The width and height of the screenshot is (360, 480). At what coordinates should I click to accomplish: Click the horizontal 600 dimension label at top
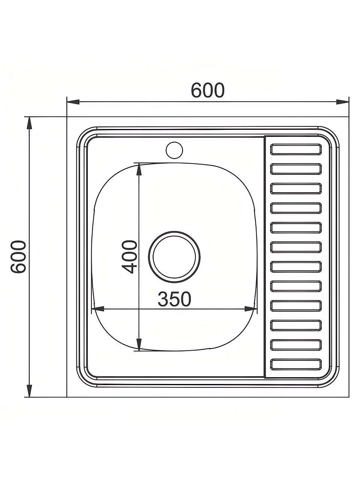click(208, 90)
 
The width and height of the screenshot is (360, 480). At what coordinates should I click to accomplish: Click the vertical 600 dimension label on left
click(18, 257)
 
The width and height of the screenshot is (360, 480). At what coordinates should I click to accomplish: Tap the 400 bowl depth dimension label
click(130, 257)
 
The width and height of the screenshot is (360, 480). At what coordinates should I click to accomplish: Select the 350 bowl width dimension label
click(174, 299)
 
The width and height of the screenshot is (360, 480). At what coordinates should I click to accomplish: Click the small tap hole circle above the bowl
click(174, 150)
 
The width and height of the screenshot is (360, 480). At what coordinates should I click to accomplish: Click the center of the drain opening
click(174, 257)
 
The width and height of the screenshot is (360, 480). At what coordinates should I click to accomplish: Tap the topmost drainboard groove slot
click(296, 149)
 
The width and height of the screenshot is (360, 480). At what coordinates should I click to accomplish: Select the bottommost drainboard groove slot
click(296, 364)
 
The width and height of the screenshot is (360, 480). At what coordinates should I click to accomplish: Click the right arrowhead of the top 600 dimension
click(342, 102)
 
